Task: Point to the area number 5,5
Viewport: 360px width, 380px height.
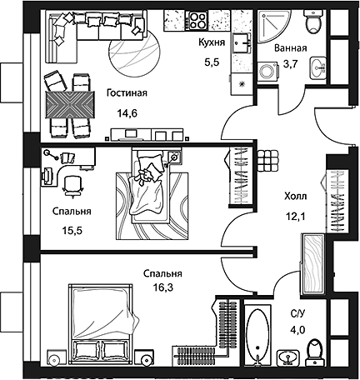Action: [x=213, y=60]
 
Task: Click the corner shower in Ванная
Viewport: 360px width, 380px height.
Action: [x=271, y=27]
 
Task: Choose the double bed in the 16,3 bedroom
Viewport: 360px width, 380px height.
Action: [x=101, y=321]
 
